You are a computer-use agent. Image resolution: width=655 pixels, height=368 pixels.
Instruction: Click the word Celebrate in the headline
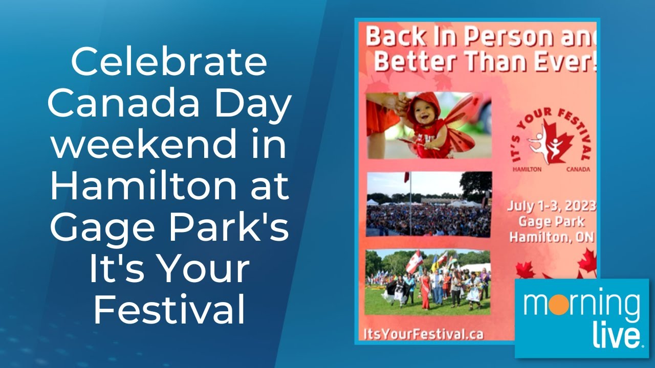coord(169,62)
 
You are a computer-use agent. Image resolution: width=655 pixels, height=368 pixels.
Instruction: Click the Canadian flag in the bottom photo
coord(414,262)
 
